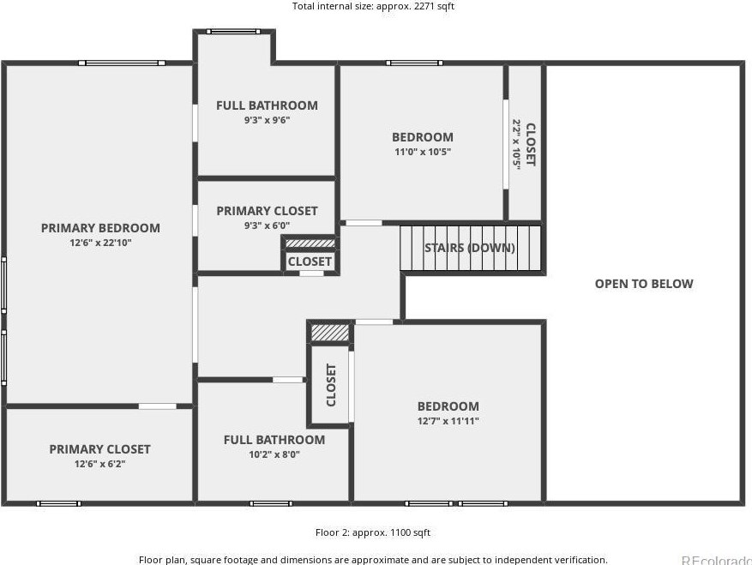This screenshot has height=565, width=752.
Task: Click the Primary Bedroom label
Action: (x=100, y=228)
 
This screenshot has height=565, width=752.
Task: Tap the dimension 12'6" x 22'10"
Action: (x=100, y=243)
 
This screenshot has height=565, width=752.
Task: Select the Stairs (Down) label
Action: (x=470, y=248)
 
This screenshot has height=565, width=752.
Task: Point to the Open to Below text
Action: (x=644, y=284)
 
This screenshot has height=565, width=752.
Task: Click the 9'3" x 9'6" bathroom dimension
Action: (x=268, y=120)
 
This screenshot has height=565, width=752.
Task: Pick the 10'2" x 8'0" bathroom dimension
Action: (x=274, y=454)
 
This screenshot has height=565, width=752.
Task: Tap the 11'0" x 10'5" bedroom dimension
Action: (x=423, y=152)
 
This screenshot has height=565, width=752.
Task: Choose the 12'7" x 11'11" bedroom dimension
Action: (x=448, y=421)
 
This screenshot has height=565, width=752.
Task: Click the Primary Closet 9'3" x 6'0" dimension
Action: (x=268, y=225)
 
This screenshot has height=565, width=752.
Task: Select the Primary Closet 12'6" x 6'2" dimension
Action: (x=99, y=464)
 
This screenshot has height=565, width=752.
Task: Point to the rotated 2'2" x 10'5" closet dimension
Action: (x=516, y=145)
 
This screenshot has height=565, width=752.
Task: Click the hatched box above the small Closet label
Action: (x=310, y=243)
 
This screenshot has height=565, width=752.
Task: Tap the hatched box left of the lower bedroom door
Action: (x=330, y=333)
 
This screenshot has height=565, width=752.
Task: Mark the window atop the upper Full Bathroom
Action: (x=233, y=32)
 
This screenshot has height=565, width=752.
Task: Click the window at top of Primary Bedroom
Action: (x=122, y=63)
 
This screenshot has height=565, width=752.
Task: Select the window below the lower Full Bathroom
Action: (x=271, y=503)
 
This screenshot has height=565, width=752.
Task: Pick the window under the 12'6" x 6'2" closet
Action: (x=58, y=503)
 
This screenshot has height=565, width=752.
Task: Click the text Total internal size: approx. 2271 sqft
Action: (x=373, y=6)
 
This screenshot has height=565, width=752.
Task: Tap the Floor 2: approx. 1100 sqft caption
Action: (x=373, y=532)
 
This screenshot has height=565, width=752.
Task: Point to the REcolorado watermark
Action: (x=717, y=560)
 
